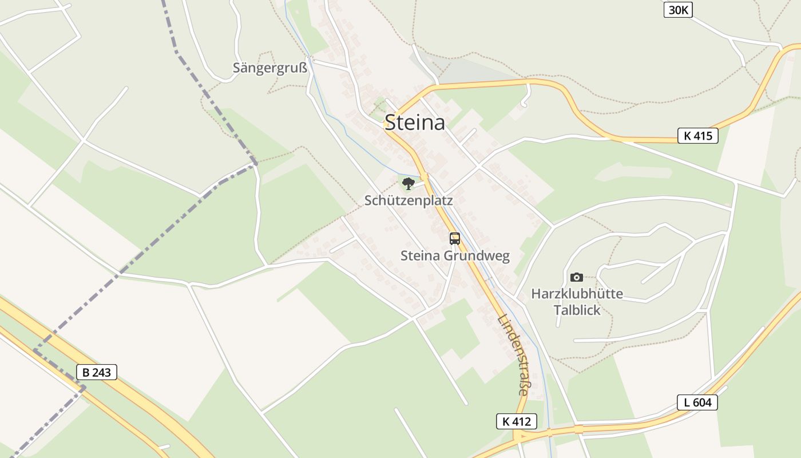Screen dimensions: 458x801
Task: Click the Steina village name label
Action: pyautogui.click(x=415, y=123)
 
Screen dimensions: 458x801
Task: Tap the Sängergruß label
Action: pyautogui.click(x=270, y=68)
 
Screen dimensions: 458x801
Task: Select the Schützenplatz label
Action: pyautogui.click(x=409, y=200)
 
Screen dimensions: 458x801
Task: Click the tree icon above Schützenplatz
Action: pyautogui.click(x=408, y=183)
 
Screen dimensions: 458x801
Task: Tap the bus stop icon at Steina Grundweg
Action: pyautogui.click(x=455, y=239)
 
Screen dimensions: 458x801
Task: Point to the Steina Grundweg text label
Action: pyautogui.click(x=455, y=256)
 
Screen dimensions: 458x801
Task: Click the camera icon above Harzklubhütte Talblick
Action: pyautogui.click(x=577, y=277)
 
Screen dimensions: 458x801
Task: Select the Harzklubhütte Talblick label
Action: pyautogui.click(x=577, y=302)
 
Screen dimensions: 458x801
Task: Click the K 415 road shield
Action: pyautogui.click(x=697, y=136)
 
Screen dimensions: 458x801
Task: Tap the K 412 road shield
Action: pyautogui.click(x=517, y=422)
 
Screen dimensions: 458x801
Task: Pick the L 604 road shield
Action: pyautogui.click(x=697, y=402)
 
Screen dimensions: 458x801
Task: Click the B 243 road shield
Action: pyautogui.click(x=97, y=372)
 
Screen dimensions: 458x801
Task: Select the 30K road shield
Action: pyautogui.click(x=678, y=10)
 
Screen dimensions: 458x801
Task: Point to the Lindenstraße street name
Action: pyautogui.click(x=513, y=355)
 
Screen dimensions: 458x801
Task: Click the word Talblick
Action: pyautogui.click(x=577, y=310)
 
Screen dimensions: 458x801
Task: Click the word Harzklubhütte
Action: pyautogui.click(x=577, y=294)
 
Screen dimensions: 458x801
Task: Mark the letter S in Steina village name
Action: pyautogui.click(x=391, y=123)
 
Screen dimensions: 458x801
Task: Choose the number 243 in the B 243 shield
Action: pyautogui.click(x=101, y=372)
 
